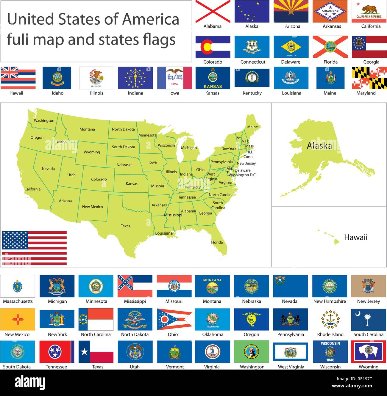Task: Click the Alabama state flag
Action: pyautogui.click(x=213, y=11)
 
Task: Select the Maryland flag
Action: pyautogui.click(x=369, y=78)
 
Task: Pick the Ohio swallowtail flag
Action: pyautogui.click(x=174, y=319)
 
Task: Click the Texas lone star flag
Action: pyautogui.click(x=96, y=352)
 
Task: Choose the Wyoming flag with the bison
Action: pyautogui.click(x=369, y=352)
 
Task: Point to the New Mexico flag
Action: pyautogui.click(x=18, y=319)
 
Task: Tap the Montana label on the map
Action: pyautogui.click(x=87, y=129)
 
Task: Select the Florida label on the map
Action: pyautogui.click(x=217, y=242)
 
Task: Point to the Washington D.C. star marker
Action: pyautogui.click(x=228, y=172)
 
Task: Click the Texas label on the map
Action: pyautogui.click(x=125, y=226)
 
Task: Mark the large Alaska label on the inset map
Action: pyautogui.click(x=319, y=146)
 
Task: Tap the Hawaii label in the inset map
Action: pyautogui.click(x=355, y=237)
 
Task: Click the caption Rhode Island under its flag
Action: pyautogui.click(x=330, y=334)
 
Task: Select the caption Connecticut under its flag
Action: pyautogui.click(x=253, y=62)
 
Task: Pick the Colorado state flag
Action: pyautogui.click(x=213, y=47)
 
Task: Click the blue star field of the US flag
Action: pyautogui.click(x=15, y=240)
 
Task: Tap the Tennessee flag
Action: pyautogui.click(x=57, y=352)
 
